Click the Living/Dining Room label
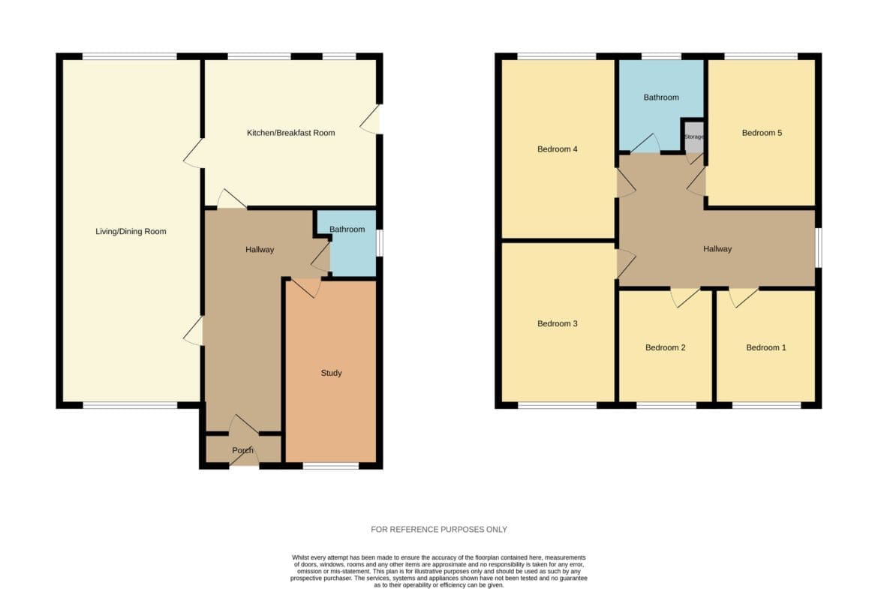tap(131, 231)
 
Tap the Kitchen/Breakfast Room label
tap(290, 133)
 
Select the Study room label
tap(331, 373)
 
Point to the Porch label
tap(242, 450)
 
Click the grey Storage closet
tap(694, 137)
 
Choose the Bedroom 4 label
tap(557, 149)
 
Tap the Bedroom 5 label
tap(762, 133)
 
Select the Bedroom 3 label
tap(557, 323)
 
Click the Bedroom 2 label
tap(665, 347)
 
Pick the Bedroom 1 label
tap(766, 347)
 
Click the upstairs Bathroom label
tap(660, 98)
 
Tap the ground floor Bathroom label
tap(347, 229)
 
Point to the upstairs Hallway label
tap(717, 249)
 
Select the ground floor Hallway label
tap(259, 250)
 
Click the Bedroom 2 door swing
tap(685, 297)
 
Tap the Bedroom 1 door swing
tap(744, 297)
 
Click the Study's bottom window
tap(331, 466)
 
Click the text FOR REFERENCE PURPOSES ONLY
tap(439, 529)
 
